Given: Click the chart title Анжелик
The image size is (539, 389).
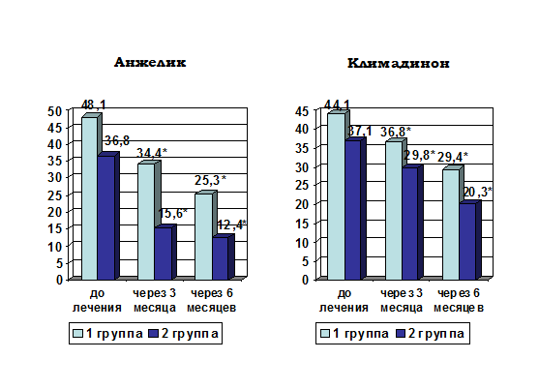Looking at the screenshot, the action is pos(150,62).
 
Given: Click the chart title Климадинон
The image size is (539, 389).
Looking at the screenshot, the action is pos(399,63).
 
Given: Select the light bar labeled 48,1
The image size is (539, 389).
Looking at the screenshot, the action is pos(89,198).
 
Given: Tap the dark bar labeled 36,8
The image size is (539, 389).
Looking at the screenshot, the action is pos(105,218).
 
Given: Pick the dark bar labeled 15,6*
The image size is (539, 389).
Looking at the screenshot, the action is pos(163,254).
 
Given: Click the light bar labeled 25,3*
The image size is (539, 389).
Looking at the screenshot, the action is pos(203,236).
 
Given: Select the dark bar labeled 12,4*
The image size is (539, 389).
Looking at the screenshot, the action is pos(220,258).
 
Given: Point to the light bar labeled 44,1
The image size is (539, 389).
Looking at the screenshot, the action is pos(336,196).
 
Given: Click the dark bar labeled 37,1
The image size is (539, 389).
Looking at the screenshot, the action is pos(352,210).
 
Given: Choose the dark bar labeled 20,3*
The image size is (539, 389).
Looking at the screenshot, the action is pos(467,242).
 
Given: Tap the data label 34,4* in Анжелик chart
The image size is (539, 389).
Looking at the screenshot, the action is pos(152,153).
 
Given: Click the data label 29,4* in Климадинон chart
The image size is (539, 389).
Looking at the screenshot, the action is pos(452,157).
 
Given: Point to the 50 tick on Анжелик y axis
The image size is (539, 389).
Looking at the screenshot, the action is pos(54,111).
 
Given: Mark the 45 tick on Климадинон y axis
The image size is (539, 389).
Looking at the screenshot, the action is pos(302,111).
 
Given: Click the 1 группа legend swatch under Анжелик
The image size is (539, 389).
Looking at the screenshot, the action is pos(78,333).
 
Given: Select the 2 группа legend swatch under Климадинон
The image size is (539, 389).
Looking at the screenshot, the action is pos(401,333).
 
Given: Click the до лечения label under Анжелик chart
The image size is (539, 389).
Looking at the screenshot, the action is pos(97,300).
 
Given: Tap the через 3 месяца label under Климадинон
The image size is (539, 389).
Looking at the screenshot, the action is pos(402,300).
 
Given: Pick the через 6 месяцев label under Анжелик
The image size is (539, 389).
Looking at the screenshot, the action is pos(211,300).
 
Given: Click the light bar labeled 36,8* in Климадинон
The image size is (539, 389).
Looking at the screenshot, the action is pos(394,211).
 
